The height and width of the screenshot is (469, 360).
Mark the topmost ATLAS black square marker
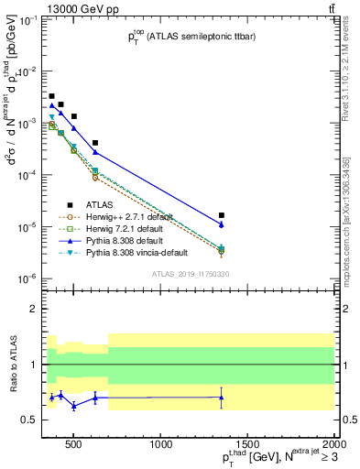[51, 96]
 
